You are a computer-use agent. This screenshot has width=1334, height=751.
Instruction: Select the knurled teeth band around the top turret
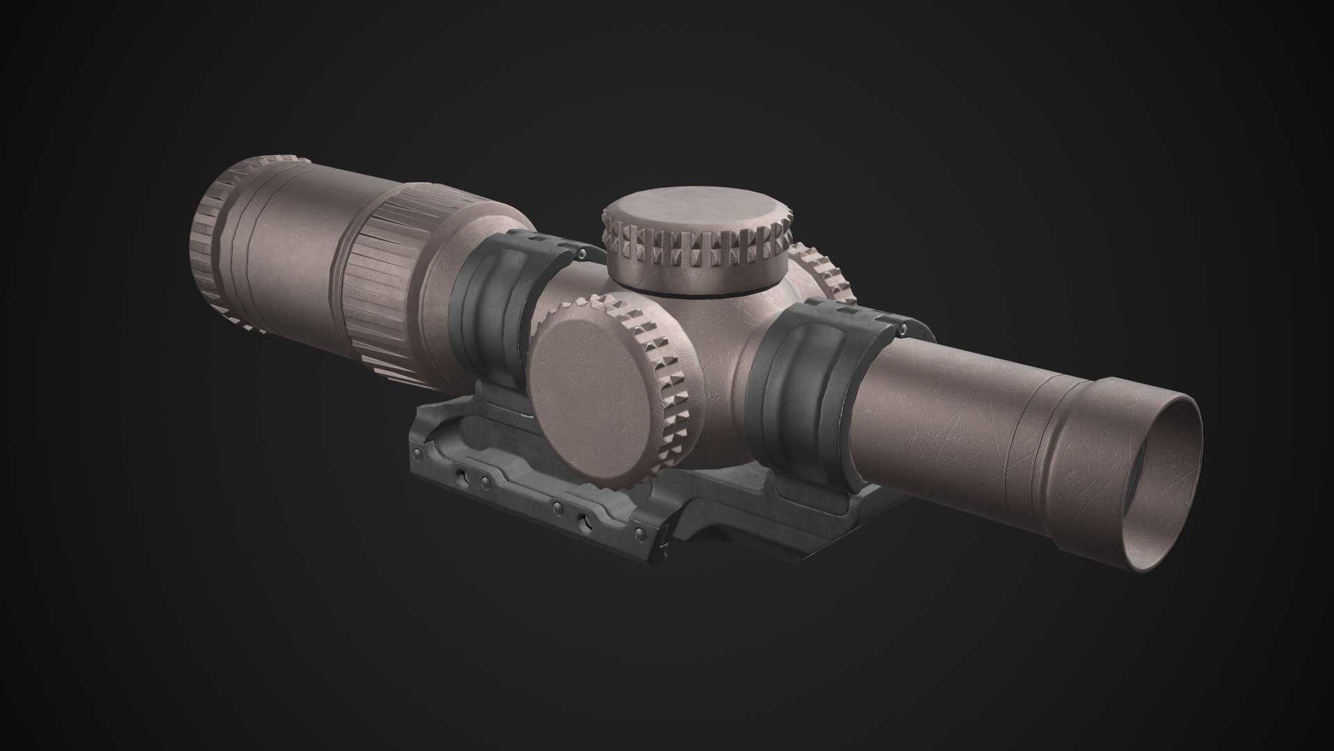695,254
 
